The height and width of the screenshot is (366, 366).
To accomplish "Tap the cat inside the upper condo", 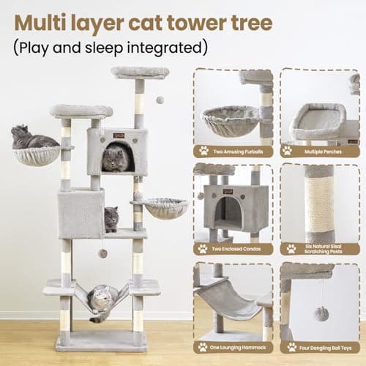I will (x=115, y=158).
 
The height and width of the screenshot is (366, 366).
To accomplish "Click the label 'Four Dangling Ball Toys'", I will (x=323, y=346).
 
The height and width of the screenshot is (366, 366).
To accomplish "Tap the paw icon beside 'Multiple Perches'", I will (x=288, y=151).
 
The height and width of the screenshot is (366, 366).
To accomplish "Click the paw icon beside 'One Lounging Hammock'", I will (x=203, y=346).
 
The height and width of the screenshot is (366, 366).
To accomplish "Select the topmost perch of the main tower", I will (x=139, y=72).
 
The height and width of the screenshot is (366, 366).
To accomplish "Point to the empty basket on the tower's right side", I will (x=165, y=209).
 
